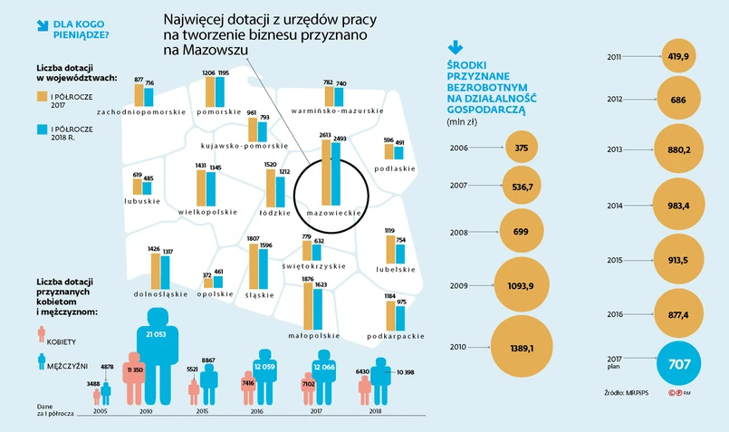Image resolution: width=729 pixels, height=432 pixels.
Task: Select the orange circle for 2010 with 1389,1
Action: pos(520,347)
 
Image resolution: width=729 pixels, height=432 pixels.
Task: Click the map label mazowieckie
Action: pos(334,212)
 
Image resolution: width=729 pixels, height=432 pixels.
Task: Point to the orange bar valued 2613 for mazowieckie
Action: pos(324,172)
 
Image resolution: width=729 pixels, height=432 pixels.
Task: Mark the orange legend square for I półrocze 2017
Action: pos(42,95)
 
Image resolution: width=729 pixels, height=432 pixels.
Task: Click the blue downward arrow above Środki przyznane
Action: pos(456,46)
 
